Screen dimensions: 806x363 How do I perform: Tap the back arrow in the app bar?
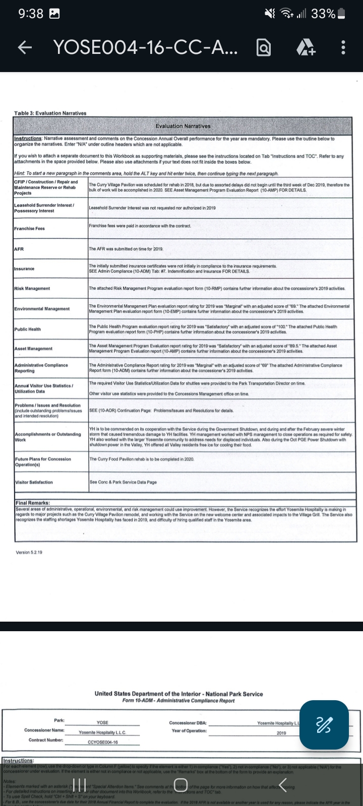(x=24, y=48)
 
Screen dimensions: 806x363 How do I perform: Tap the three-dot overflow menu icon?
(x=343, y=48)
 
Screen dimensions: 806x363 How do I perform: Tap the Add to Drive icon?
(x=306, y=48)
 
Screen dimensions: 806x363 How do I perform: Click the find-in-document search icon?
(x=264, y=48)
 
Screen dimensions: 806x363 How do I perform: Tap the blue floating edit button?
(x=324, y=725)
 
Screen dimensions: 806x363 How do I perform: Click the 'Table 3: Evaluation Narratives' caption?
(x=50, y=113)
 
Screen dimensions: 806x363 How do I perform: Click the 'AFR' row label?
(x=19, y=249)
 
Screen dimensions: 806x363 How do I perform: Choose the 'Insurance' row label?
(x=24, y=268)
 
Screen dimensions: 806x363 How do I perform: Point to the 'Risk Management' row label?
(x=32, y=289)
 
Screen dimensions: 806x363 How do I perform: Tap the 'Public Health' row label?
(x=27, y=329)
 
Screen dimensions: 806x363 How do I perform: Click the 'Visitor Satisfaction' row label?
(x=33, y=482)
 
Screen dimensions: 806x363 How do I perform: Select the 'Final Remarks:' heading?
(x=33, y=503)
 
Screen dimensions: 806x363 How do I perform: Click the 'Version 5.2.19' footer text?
(x=29, y=552)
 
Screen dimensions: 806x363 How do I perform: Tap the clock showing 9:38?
(x=31, y=14)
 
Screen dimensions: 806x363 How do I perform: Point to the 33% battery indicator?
(x=328, y=14)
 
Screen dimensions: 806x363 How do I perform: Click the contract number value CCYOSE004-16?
(x=102, y=742)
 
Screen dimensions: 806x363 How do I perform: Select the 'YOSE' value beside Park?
(x=102, y=722)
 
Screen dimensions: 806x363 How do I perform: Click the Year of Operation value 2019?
(x=281, y=733)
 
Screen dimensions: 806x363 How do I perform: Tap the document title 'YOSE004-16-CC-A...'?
(x=146, y=48)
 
